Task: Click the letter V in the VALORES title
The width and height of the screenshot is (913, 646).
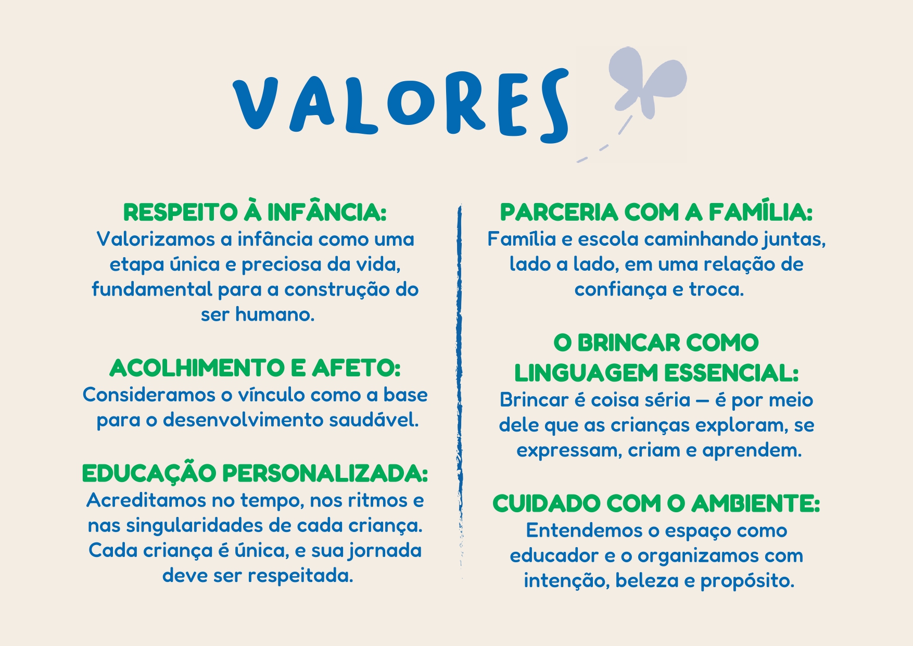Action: click(255, 104)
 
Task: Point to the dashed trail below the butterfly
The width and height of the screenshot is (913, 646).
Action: click(604, 141)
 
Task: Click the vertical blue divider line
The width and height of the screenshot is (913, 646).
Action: click(460, 390)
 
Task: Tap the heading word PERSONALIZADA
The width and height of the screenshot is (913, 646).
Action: click(325, 473)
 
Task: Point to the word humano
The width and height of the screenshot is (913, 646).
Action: click(275, 314)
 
